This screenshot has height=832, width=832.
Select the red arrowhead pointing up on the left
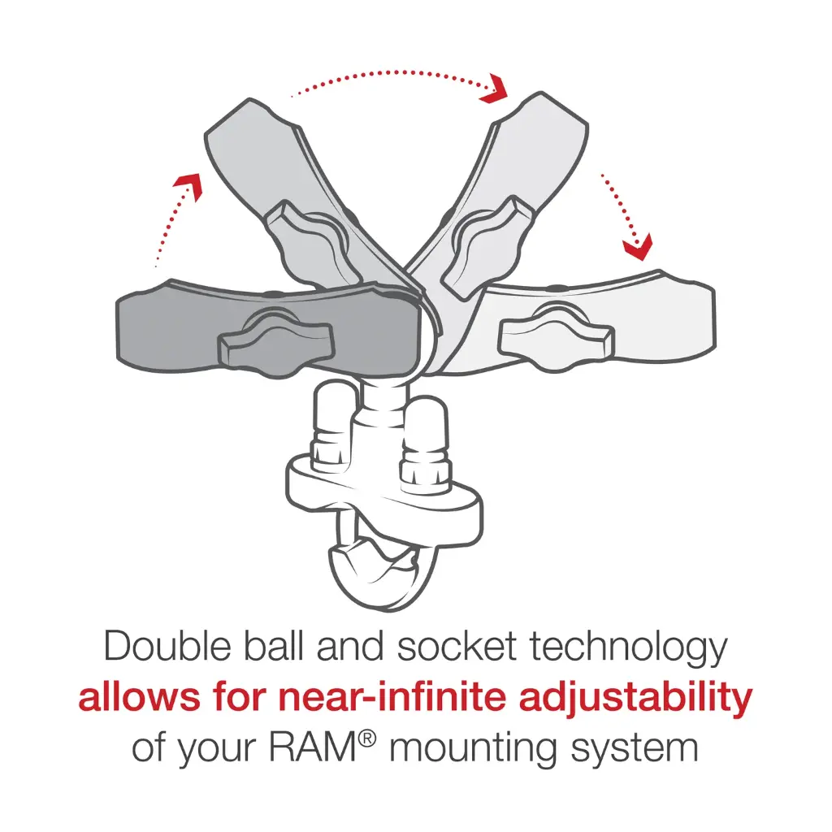point(188,184)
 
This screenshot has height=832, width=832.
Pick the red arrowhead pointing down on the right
point(639,245)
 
